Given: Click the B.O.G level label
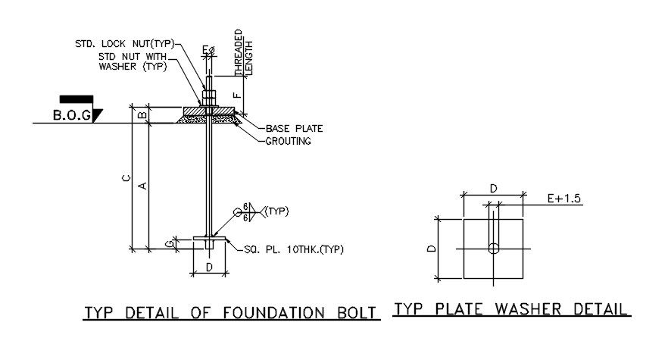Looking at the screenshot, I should (71, 115).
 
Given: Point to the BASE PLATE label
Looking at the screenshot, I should (290, 128).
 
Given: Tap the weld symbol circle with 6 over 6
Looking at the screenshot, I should (246, 213).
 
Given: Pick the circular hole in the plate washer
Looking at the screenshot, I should (494, 248).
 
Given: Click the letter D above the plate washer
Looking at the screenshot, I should (493, 187).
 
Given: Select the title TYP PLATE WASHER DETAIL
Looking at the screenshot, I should (512, 309).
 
